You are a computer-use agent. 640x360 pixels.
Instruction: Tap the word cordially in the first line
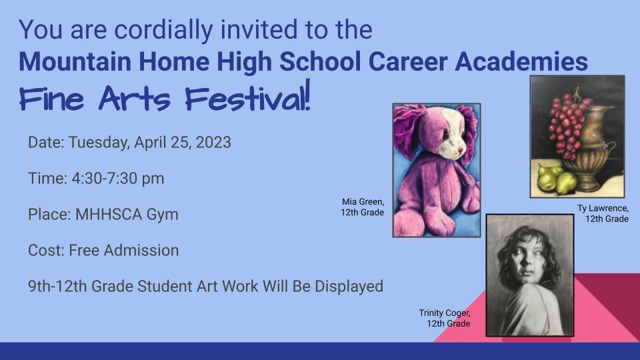(163, 29)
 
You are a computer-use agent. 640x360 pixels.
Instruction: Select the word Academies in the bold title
(521, 61)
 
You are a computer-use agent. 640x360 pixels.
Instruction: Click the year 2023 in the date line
(213, 143)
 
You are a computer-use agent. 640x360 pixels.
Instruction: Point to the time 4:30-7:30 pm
(118, 179)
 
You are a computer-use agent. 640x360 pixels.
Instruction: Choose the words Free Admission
(124, 250)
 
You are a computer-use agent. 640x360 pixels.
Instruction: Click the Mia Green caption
(363, 207)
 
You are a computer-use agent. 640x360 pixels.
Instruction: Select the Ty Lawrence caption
(603, 213)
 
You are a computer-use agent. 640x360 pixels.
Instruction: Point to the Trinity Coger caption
(445, 318)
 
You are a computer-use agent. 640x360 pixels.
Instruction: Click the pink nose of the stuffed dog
(460, 149)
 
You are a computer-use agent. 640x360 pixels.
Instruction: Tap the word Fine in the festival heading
(51, 99)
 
